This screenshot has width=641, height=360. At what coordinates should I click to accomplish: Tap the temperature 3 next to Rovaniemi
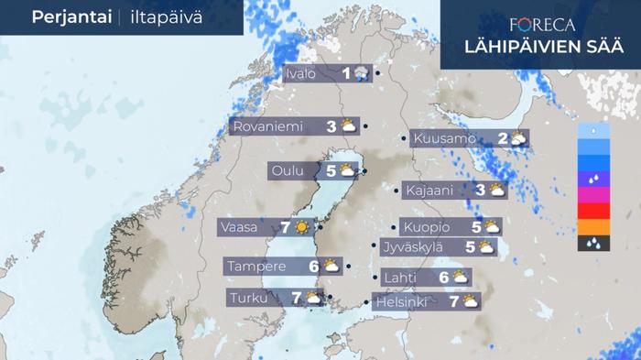[331, 126]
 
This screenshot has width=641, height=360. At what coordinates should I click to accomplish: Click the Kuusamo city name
[444, 139]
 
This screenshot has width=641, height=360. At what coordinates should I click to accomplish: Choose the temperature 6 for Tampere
[313, 267]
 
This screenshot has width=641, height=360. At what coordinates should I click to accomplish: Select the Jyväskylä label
[415, 246]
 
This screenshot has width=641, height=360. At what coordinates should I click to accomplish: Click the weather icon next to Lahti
[461, 277]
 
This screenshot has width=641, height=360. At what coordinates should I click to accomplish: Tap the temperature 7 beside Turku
[297, 298]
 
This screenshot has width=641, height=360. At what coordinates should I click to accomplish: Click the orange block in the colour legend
[594, 226]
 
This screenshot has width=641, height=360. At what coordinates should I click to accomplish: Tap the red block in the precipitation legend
[594, 211]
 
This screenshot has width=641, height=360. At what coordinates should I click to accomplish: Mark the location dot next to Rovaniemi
[365, 126]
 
